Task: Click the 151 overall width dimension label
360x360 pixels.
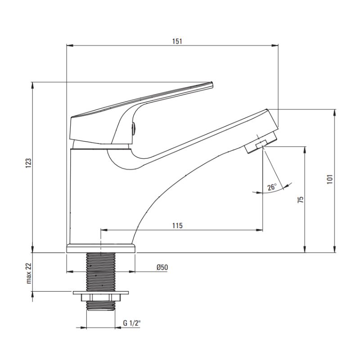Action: pos(177,41)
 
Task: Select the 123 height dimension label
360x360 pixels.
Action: pos(28,163)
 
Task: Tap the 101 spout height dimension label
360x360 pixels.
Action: pos(330,179)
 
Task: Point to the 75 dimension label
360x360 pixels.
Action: pos(300,199)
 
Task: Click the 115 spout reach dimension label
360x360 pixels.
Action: pos(177,226)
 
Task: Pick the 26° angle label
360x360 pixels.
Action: pos(272,187)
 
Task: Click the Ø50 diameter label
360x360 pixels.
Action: pos(162,267)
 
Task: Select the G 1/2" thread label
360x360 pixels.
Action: pos(132,323)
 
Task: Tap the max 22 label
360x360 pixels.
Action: pos(28,273)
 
